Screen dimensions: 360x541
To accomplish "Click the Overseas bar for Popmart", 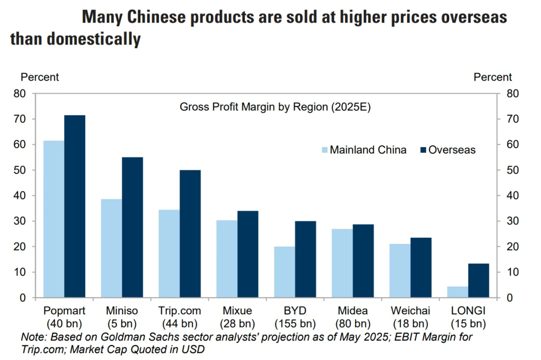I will (75, 206).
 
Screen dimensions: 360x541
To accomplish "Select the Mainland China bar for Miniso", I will (111, 248).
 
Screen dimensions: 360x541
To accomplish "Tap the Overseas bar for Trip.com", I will (190, 234).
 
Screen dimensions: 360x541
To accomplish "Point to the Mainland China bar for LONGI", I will (457, 292).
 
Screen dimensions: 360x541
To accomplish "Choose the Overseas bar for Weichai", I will (421, 267).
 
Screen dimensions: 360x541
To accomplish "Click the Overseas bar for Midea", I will (363, 261).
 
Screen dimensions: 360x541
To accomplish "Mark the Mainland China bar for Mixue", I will (227, 259).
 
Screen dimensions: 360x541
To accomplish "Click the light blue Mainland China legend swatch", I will (324, 150).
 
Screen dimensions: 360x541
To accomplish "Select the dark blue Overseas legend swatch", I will (422, 150).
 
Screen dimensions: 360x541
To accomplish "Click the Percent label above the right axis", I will (492, 77).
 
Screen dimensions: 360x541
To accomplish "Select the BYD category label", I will (295, 311).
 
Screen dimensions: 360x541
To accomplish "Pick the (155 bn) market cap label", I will (295, 323).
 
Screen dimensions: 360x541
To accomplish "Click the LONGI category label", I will (468, 311).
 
